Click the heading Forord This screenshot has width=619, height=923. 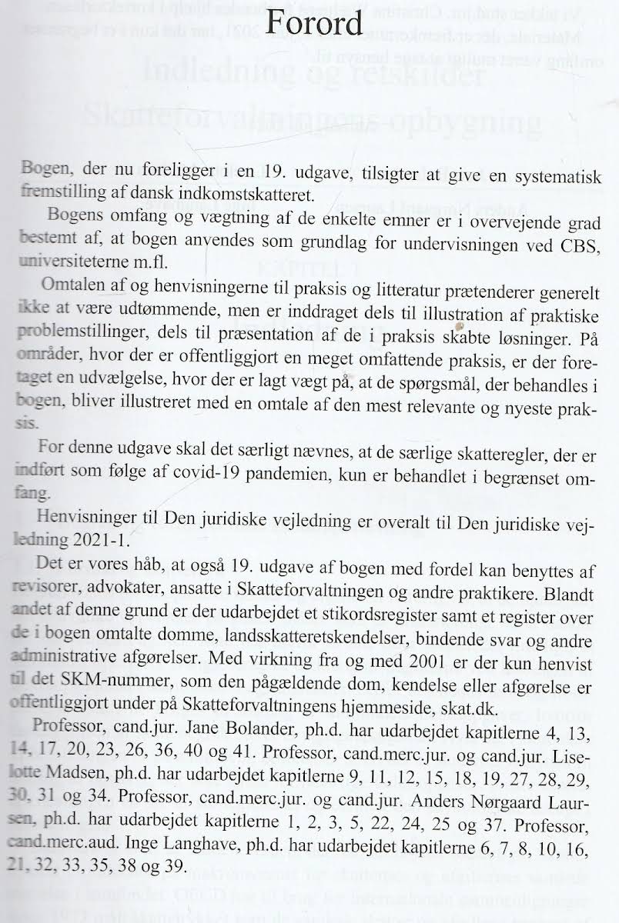312,23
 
